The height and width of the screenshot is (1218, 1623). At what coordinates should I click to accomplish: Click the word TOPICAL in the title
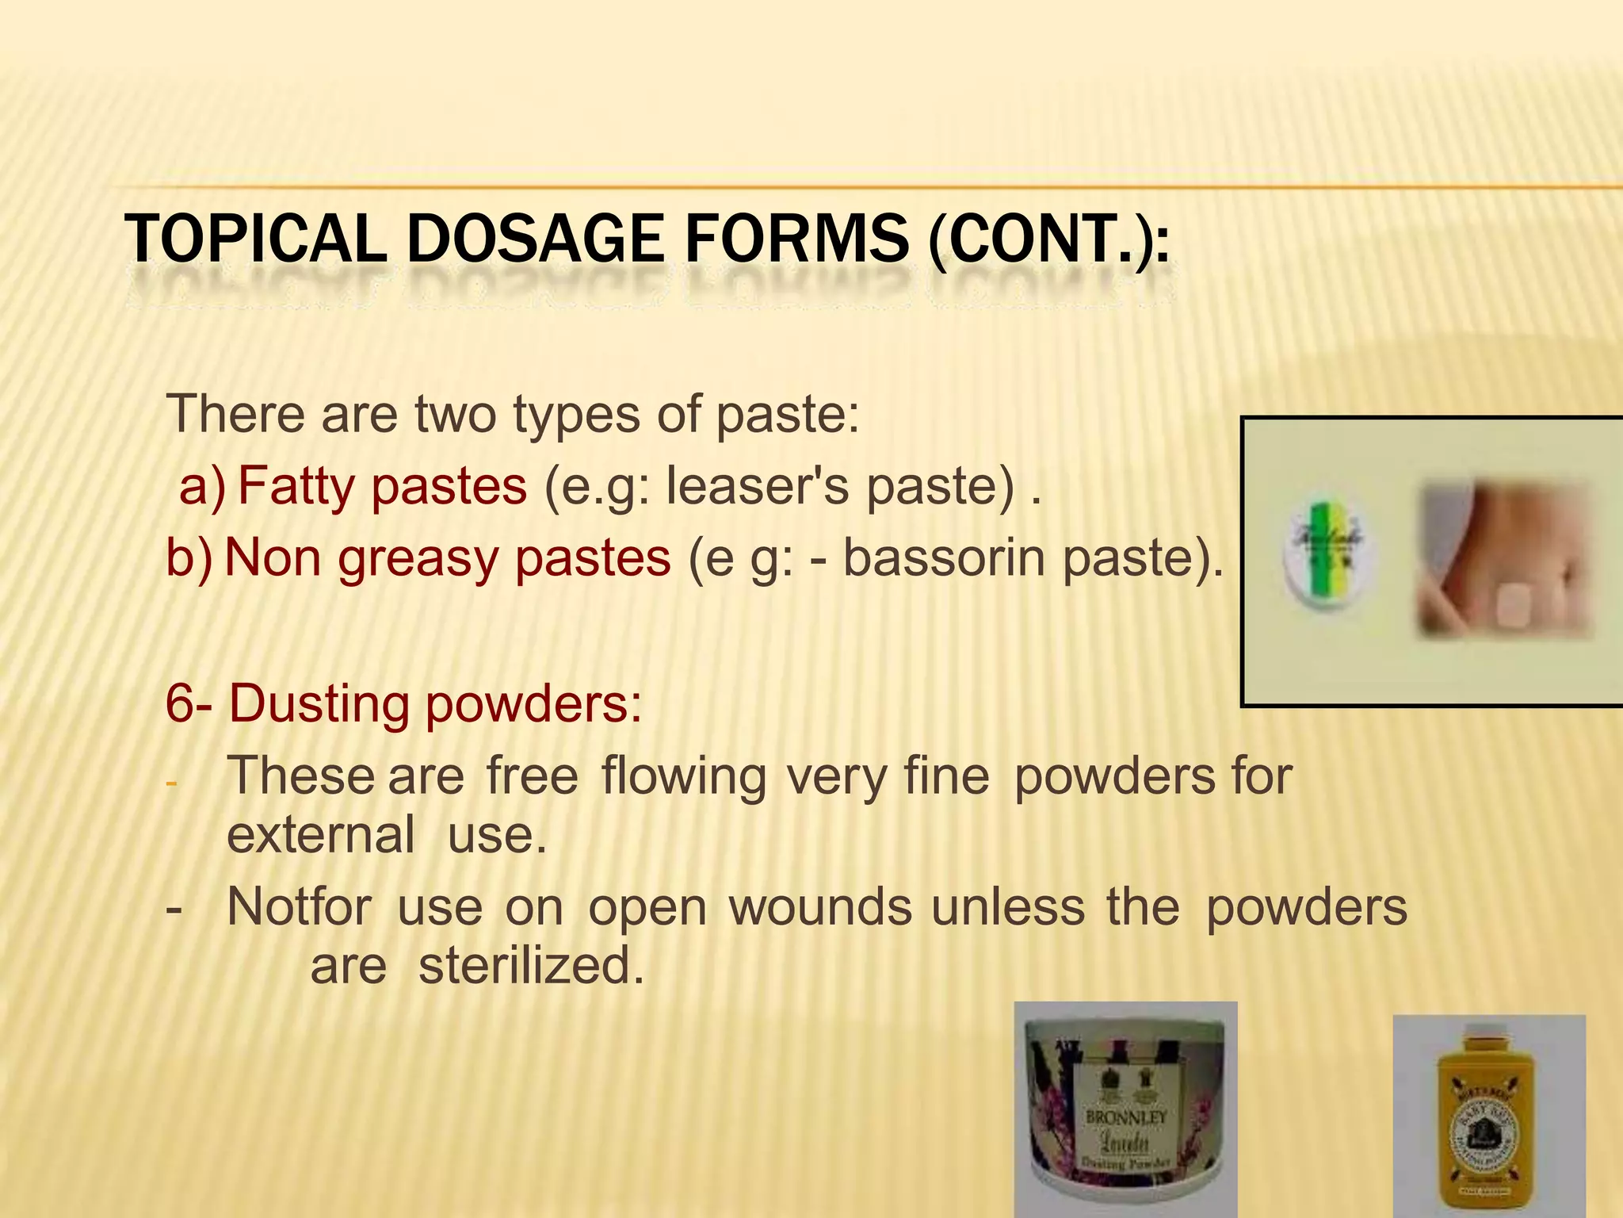coord(255,239)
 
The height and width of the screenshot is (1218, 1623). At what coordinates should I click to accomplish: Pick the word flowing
coord(683,776)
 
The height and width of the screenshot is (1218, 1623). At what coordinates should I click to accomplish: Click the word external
coord(320,835)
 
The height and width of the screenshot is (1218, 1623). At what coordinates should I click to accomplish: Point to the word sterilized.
coord(530,966)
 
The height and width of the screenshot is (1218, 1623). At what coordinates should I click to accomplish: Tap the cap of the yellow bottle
coord(1487,1055)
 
